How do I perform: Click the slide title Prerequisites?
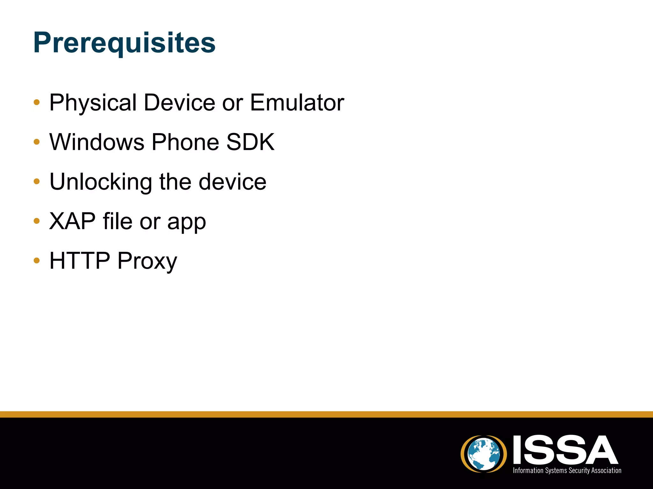click(x=124, y=43)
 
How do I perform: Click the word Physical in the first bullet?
click(x=93, y=103)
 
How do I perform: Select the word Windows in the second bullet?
click(x=97, y=142)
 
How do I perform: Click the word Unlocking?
click(x=101, y=182)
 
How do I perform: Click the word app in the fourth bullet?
click(x=187, y=223)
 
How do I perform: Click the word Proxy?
click(x=147, y=262)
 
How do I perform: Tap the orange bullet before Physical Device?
click(x=37, y=103)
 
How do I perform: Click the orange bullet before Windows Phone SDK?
click(x=37, y=142)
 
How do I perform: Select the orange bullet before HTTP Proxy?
click(x=37, y=261)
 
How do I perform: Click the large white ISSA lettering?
click(x=565, y=450)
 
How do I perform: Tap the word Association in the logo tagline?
click(x=606, y=471)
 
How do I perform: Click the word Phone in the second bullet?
click(x=185, y=142)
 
